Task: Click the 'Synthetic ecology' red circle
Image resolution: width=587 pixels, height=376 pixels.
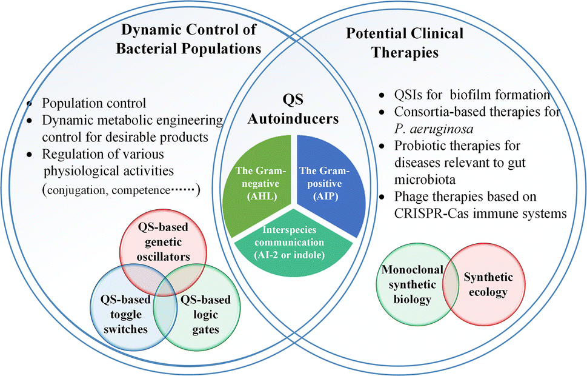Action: (x=488, y=285)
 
